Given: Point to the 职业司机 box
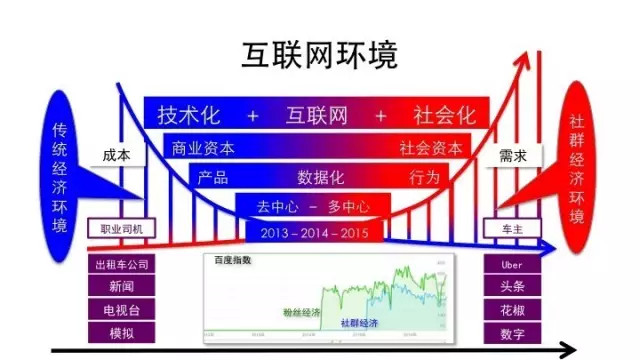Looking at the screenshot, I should tap(123, 229).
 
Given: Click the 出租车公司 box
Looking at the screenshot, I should tap(121, 265).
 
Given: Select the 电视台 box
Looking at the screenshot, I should tap(121, 310).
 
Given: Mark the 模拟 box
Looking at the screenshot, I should tap(121, 333).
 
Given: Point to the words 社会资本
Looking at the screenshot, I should tap(431, 148).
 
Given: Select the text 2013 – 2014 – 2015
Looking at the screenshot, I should tap(312, 233).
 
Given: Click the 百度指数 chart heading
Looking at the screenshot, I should tap(233, 260).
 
